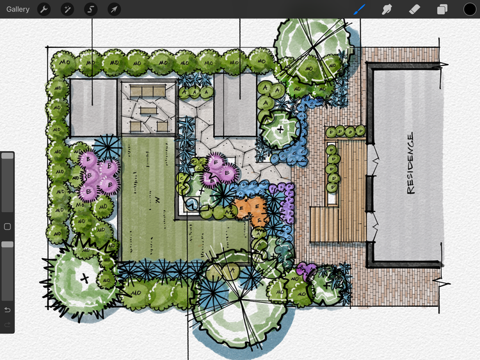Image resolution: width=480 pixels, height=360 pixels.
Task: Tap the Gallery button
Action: coord(18,9)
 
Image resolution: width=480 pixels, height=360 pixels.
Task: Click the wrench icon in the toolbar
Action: coord(44,9)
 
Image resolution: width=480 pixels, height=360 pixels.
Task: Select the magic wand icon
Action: coord(67,9)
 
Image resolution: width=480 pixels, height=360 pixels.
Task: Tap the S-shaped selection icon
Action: coord(90,9)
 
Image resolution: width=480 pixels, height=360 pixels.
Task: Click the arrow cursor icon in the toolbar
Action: coord(113,9)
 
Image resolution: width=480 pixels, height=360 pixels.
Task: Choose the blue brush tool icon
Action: coord(360,9)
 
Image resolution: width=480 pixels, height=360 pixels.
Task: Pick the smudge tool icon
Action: coord(387,9)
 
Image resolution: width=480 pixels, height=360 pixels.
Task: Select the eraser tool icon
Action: coord(414,9)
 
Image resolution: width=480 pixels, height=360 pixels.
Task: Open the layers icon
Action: coord(442,9)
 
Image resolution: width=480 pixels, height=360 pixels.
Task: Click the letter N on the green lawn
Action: coord(157,200)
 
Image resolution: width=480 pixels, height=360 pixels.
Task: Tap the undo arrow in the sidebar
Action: coord(8,310)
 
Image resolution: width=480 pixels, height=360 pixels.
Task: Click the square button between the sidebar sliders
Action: coord(8,226)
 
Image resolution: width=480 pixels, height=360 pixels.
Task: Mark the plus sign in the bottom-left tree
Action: coord(84,278)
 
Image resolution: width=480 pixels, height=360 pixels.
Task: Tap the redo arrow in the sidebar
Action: coord(8,325)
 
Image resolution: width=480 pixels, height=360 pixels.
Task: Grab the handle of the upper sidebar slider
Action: coord(8,156)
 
